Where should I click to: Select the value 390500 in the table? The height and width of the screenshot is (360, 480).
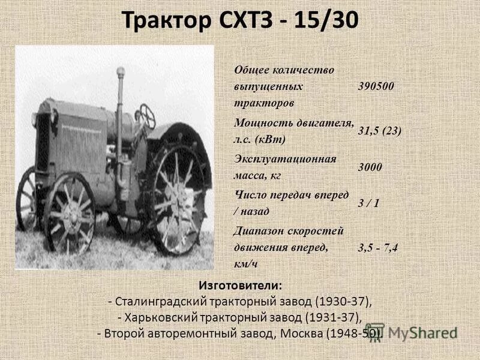pos(376,86)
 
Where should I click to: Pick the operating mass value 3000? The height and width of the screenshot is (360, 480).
pos(370,167)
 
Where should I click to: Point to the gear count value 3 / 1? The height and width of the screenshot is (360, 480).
pos(368,203)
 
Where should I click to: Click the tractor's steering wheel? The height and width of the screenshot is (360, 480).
pos(146,115)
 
